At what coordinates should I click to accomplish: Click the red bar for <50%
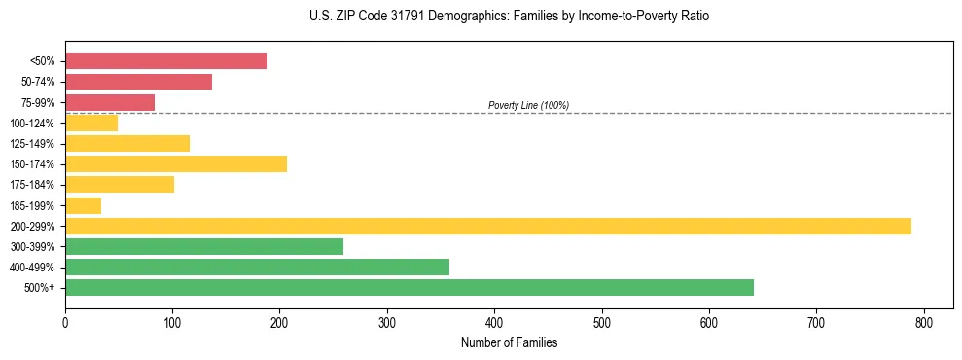[x=166, y=61]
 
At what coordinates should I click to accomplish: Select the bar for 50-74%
[x=138, y=82]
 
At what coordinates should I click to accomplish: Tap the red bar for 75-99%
[x=110, y=102]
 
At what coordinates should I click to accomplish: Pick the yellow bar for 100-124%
[x=91, y=123]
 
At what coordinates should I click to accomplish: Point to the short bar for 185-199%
[x=83, y=205]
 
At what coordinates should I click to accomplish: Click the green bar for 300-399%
[x=204, y=246]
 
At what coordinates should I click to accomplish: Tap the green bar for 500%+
[x=410, y=287]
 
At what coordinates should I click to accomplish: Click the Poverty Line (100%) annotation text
[x=528, y=105]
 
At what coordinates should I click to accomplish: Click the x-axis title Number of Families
[x=509, y=342]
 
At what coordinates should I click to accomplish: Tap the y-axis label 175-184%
[x=33, y=185]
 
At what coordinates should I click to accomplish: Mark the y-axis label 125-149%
[x=33, y=144]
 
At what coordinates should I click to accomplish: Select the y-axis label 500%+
[x=39, y=288]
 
